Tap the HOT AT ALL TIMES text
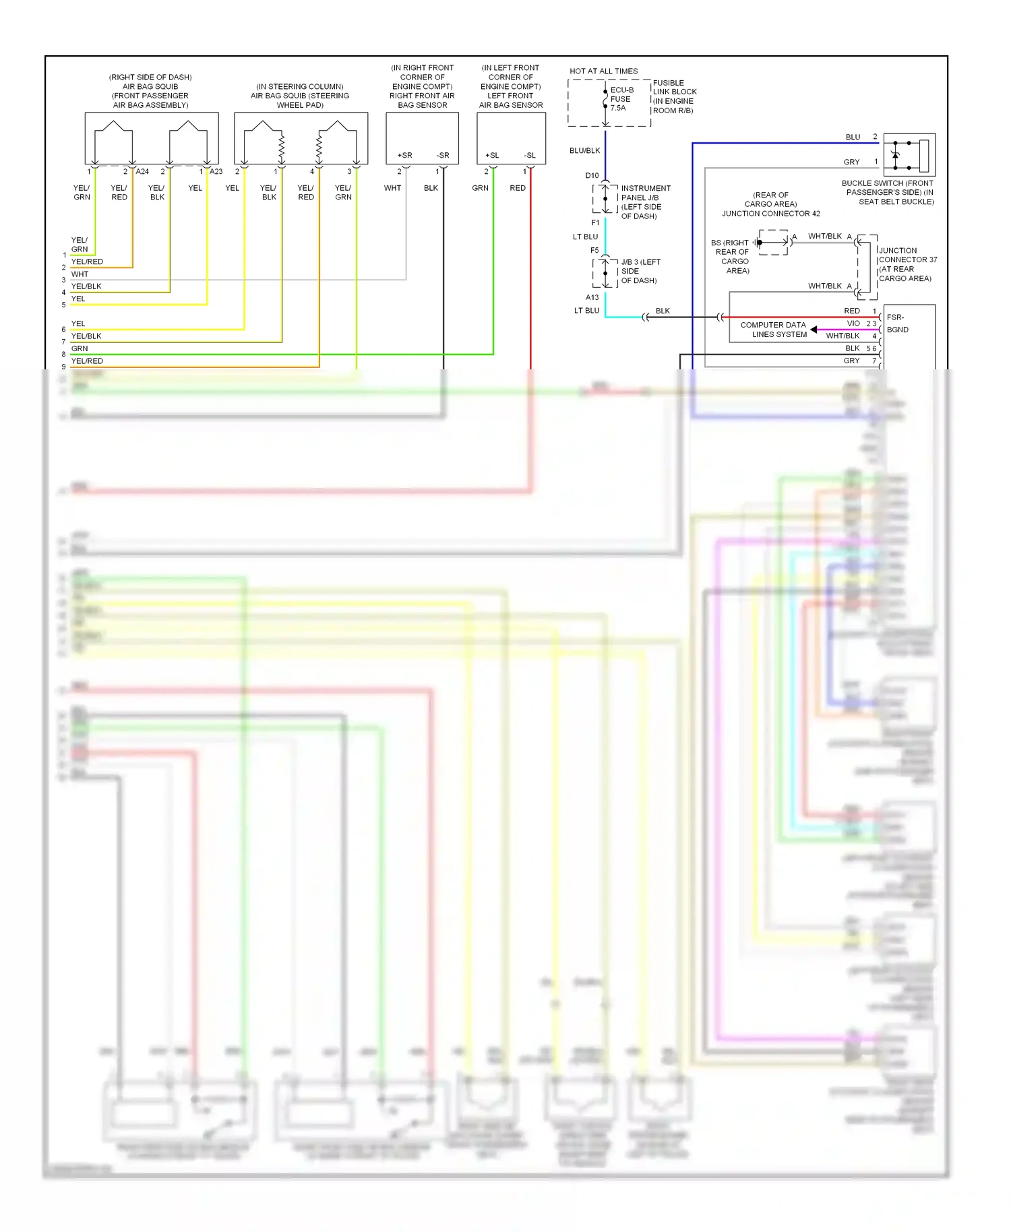tap(603, 71)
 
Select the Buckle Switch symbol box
tap(909, 154)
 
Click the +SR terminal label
tap(404, 155)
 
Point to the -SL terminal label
tap(530, 155)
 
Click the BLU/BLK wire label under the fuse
tap(584, 150)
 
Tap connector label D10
tap(592, 175)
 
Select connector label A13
tap(592, 297)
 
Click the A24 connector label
tap(142, 171)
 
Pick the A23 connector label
tap(216, 171)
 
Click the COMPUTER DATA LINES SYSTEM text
tap(774, 330)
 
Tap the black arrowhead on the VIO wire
tap(814, 330)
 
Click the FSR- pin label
tap(895, 317)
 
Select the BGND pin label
tap(897, 330)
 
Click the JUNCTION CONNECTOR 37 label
tap(907, 264)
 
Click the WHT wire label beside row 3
tap(80, 274)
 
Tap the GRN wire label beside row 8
tap(80, 348)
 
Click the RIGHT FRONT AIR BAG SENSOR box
tap(422, 137)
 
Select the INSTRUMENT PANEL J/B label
tap(645, 202)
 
